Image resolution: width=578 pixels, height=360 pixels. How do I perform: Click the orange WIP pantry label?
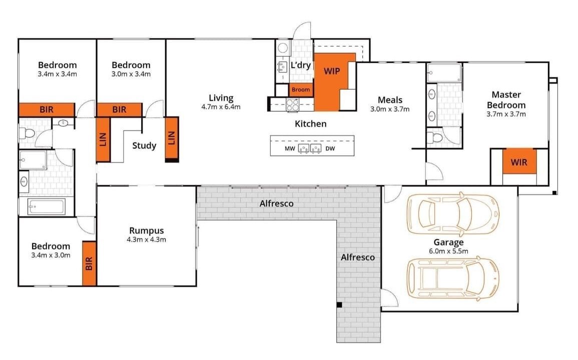click(332, 71)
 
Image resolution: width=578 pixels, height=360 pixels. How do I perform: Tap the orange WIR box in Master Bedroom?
click(519, 161)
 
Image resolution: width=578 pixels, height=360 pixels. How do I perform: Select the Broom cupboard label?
click(301, 89)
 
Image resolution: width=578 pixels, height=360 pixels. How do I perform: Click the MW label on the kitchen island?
click(290, 149)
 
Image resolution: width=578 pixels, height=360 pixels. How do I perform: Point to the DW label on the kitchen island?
click(330, 149)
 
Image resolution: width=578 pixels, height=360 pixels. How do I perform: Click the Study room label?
click(144, 146)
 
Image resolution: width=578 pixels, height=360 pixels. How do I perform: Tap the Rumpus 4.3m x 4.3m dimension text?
click(146, 239)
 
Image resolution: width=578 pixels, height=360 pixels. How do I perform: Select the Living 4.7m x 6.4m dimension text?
click(221, 107)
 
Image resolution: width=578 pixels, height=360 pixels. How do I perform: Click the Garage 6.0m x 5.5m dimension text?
click(448, 251)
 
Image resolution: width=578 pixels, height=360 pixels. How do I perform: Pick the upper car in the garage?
click(453, 213)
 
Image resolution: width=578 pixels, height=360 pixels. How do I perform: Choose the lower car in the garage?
click(453, 278)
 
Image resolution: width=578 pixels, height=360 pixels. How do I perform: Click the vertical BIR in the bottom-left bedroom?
click(89, 263)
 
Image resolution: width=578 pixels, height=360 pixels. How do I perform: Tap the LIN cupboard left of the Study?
click(103, 139)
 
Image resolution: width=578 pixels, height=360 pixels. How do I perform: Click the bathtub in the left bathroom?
click(47, 206)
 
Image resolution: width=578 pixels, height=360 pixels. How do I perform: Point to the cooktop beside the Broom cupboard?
click(293, 104)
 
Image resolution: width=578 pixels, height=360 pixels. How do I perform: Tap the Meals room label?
click(390, 100)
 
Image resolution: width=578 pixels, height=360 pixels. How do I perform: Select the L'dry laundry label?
click(300, 65)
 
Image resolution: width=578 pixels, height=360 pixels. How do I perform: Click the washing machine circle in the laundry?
click(283, 48)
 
